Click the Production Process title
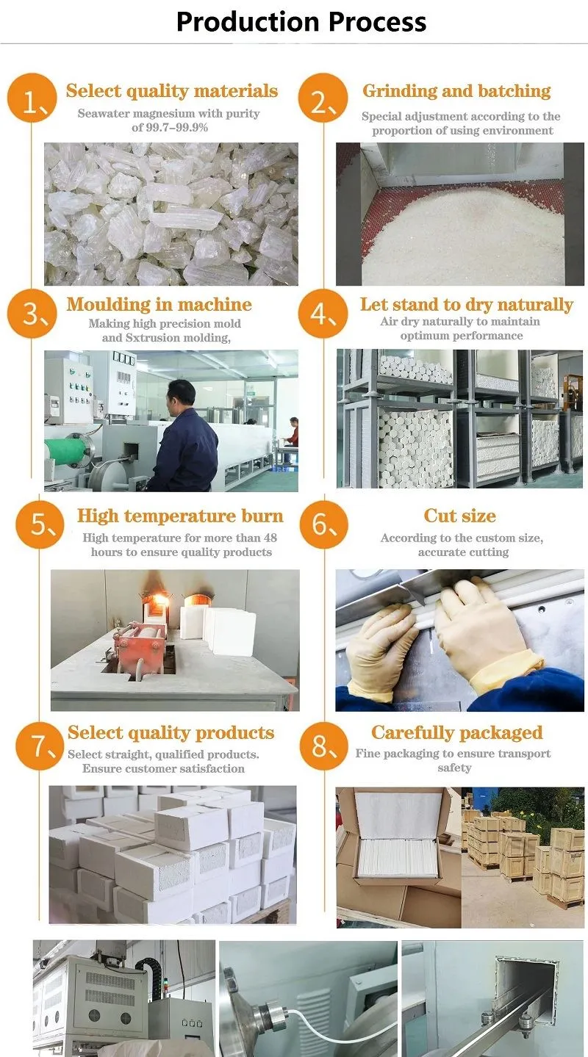tap(301, 21)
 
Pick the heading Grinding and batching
tap(456, 91)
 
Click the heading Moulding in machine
tap(159, 305)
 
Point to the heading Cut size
tap(459, 516)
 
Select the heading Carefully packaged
tap(456, 732)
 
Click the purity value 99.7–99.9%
tap(170, 128)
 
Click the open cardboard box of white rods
tap(397, 837)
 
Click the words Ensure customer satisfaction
tap(163, 768)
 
